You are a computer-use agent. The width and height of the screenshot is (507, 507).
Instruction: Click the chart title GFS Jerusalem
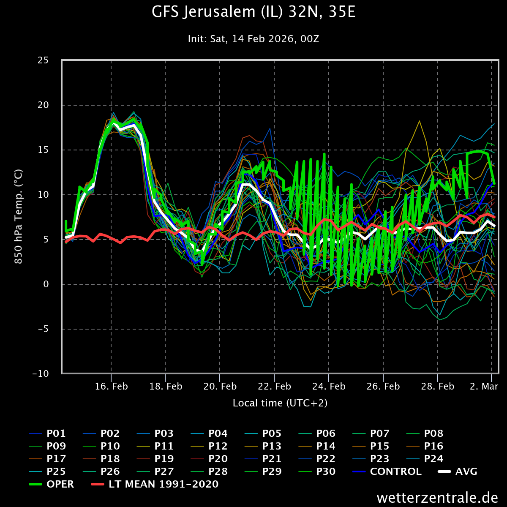pos(253,13)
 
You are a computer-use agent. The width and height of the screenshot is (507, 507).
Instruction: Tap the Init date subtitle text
pos(253,39)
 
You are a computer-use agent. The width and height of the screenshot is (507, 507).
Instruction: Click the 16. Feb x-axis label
pos(111,387)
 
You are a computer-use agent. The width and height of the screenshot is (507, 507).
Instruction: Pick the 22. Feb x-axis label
pos(274,387)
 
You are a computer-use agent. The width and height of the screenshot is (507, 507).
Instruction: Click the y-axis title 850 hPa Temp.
pos(19,217)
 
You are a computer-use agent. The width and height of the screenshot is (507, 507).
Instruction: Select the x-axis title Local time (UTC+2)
pos(280,403)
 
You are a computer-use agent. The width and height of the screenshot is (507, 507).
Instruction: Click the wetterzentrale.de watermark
pos(437,498)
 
